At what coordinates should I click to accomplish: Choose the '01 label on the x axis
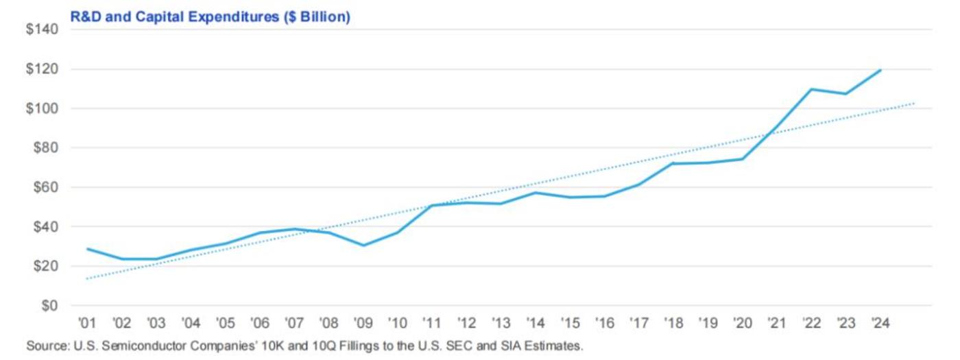click(87, 324)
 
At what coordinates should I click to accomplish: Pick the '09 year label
click(363, 324)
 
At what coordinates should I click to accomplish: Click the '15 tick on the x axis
click(570, 324)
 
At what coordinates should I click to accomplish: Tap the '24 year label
click(880, 324)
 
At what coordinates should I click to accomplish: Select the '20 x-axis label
click(742, 324)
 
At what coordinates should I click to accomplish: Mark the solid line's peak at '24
click(880, 70)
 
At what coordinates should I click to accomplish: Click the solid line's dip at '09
click(363, 245)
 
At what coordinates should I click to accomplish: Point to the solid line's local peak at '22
click(811, 89)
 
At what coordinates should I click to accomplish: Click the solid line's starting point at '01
click(87, 249)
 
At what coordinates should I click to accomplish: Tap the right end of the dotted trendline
click(914, 104)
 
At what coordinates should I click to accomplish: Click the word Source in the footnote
click(43, 346)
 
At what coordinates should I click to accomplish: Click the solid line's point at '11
click(432, 205)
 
